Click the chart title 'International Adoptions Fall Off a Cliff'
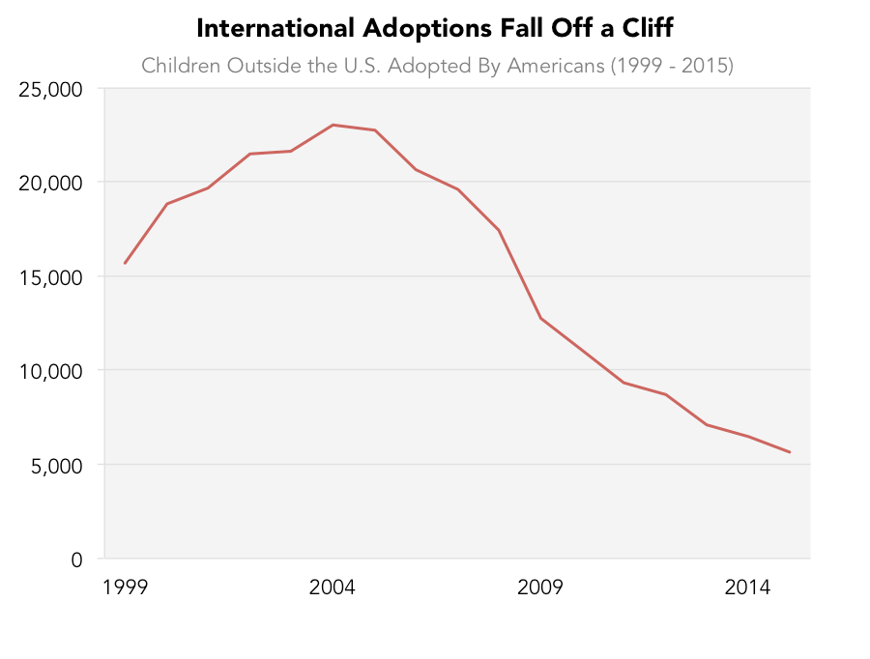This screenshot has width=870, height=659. [x=434, y=28]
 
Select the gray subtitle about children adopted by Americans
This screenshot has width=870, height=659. [x=437, y=66]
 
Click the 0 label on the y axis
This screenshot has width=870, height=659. [x=75, y=559]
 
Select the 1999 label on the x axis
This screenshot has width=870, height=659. [x=125, y=587]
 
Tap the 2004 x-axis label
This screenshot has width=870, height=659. [x=333, y=587]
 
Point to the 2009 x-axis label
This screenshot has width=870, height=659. [x=540, y=587]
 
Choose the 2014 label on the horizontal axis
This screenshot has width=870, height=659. [x=748, y=587]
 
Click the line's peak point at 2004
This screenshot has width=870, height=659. [x=333, y=125]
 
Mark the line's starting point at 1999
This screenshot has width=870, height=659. [x=125, y=263]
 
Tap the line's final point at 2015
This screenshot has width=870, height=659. [x=790, y=452]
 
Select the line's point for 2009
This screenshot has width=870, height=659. [x=540, y=318]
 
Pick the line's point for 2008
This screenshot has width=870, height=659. [x=499, y=230]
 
